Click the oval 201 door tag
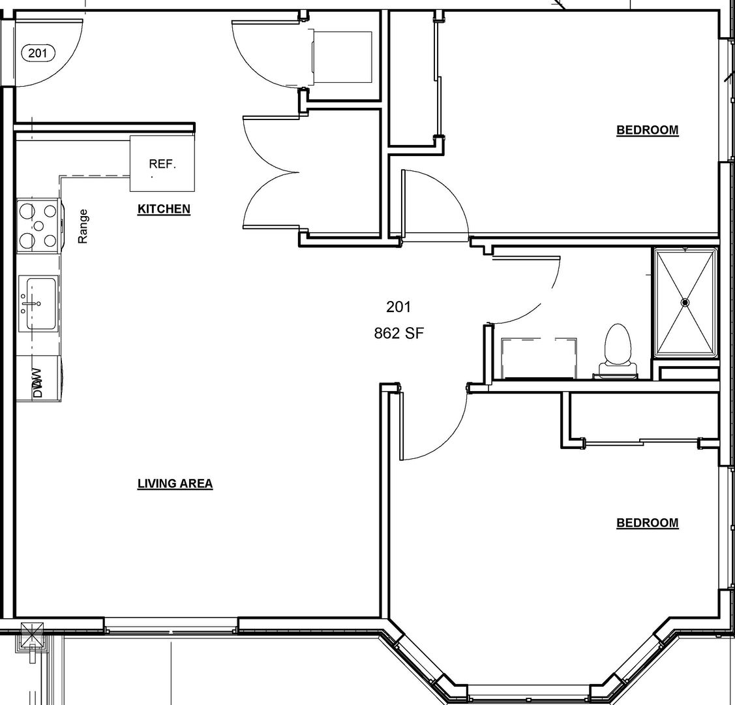tap(38, 53)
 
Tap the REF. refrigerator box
tap(162, 163)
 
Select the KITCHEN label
tap(164, 209)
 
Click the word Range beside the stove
tap(83, 226)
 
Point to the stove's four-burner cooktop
tap(38, 226)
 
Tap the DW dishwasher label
tap(38, 383)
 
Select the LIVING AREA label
tap(175, 484)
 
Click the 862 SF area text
tap(399, 333)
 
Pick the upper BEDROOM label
tap(648, 130)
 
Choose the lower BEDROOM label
tap(648, 522)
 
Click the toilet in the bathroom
tap(618, 350)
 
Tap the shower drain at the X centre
tap(685, 302)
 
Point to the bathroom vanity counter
tap(539, 358)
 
